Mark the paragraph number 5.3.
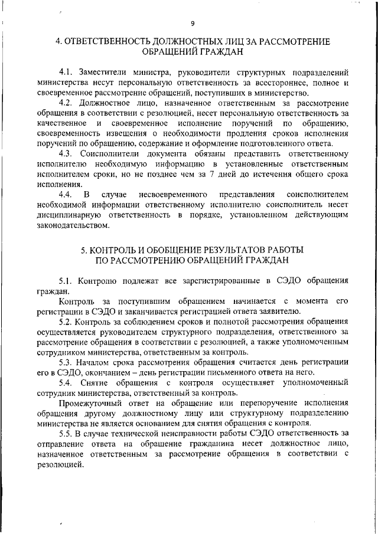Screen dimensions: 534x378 pyautogui.click(x=66, y=362)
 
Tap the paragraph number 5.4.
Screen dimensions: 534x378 pyautogui.click(x=66, y=382)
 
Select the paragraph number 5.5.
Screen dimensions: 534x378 pyautogui.click(x=66, y=434)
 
